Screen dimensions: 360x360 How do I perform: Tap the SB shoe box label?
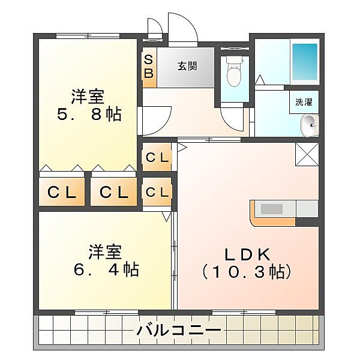click(149, 68)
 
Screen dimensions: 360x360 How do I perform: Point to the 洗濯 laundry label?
click(304, 102)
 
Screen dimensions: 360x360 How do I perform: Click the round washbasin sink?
click(308, 125)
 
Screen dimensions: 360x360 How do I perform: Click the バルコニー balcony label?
click(178, 330)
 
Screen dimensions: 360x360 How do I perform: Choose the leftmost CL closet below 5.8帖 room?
click(62, 193)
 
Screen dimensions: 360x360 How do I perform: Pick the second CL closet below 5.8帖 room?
click(114, 193)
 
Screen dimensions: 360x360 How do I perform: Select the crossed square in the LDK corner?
click(307, 155)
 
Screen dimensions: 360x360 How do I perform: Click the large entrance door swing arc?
click(182, 28)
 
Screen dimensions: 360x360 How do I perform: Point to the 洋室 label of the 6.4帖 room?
click(106, 251)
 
